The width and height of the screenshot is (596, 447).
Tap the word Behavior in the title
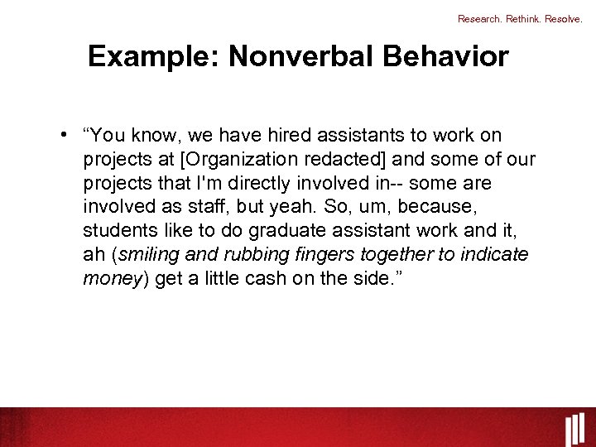click(x=455, y=57)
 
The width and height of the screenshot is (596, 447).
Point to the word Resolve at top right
click(x=565, y=18)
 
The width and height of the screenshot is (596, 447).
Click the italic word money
click(x=113, y=278)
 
